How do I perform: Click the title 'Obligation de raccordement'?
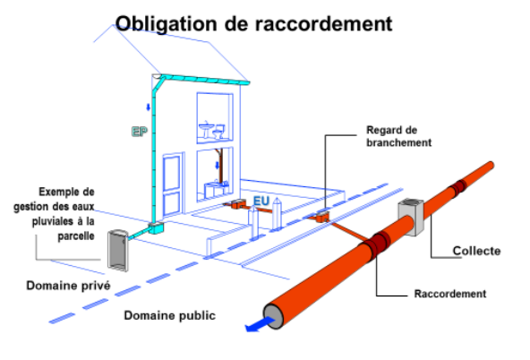(x=253, y=23)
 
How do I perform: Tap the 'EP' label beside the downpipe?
(x=140, y=132)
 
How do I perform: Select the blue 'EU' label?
(x=261, y=201)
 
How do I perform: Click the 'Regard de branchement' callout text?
(x=399, y=136)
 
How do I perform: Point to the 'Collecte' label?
(x=476, y=251)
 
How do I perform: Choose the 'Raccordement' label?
(x=450, y=294)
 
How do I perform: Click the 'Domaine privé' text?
(x=68, y=286)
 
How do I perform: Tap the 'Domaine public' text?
(x=170, y=315)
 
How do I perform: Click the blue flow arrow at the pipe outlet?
(x=260, y=324)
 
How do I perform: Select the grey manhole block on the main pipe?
(x=411, y=217)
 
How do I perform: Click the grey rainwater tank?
(x=117, y=250)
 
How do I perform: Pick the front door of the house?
(x=172, y=185)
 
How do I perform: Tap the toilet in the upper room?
(x=219, y=132)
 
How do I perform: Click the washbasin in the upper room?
(x=206, y=130)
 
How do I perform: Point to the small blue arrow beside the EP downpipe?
(x=148, y=107)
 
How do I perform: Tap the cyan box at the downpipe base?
(x=156, y=227)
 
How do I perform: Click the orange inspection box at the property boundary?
(x=323, y=217)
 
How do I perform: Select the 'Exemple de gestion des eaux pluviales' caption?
(x=54, y=214)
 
